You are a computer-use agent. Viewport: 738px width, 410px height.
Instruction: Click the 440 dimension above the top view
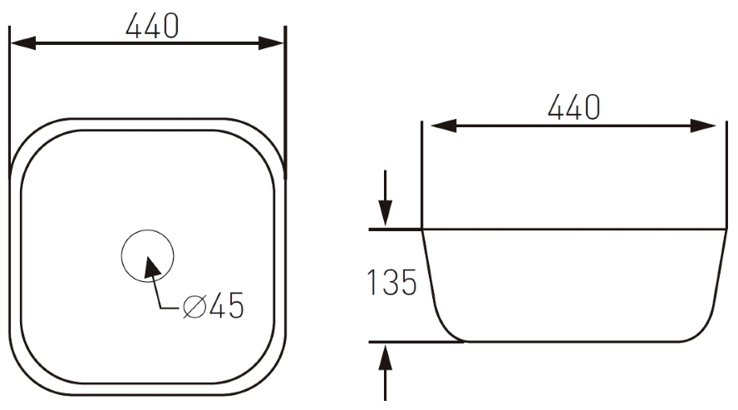152,26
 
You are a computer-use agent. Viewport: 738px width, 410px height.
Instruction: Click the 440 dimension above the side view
573,106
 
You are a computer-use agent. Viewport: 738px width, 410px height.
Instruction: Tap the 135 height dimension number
391,283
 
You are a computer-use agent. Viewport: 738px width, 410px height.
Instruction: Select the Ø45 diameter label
214,305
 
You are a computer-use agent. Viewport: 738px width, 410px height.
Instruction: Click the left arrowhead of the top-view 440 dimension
22,43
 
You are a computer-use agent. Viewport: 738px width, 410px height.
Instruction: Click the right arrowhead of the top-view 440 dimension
272,43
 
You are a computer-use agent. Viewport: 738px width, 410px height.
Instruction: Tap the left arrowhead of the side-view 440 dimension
443,126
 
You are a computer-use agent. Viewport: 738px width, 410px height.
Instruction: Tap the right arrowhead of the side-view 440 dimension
703,126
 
